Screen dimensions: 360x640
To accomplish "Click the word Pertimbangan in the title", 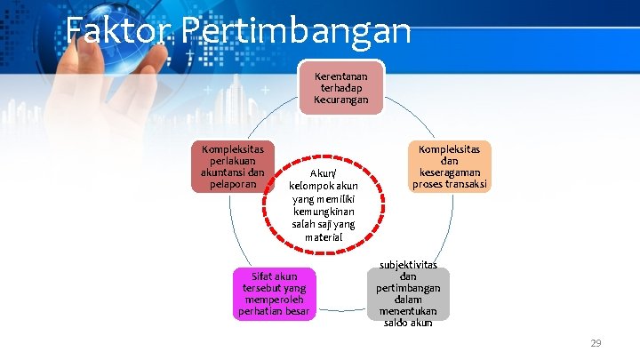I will click(x=294, y=31).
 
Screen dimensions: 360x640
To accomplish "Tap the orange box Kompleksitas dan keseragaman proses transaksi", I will click(x=449, y=167).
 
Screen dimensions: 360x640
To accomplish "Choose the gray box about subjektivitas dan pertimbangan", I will click(x=408, y=293).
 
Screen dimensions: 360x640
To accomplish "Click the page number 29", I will click(x=596, y=342).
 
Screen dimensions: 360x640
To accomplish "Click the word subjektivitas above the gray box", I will click(x=408, y=265).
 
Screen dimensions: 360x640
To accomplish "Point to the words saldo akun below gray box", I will click(x=408, y=323).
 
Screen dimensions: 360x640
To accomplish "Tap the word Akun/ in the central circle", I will click(x=323, y=173).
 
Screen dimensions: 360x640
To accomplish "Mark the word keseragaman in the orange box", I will click(x=449, y=173).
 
